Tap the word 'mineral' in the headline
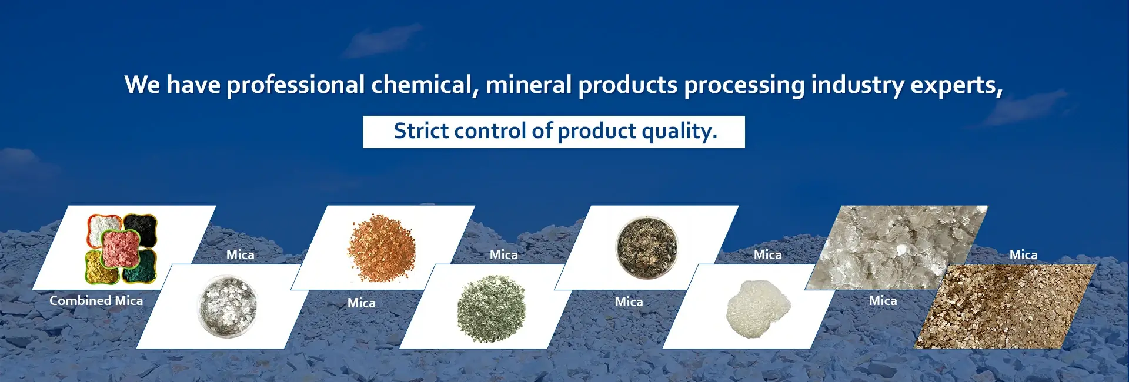pyautogui.click(x=528, y=85)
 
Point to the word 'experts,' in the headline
pyautogui.click(x=956, y=85)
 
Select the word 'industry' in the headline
pyautogui.click(x=857, y=85)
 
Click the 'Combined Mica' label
pyautogui.click(x=96, y=300)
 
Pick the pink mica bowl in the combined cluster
pyautogui.click(x=121, y=248)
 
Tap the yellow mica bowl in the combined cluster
pyautogui.click(x=101, y=267)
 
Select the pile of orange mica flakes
pyautogui.click(x=381, y=247)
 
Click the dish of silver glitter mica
pyautogui.click(x=228, y=306)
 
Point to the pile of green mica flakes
pyautogui.click(x=491, y=308)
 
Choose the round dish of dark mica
pyautogui.click(x=647, y=247)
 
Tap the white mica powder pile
pyautogui.click(x=757, y=307)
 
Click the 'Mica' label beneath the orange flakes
pyautogui.click(x=361, y=303)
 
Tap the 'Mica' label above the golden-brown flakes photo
pyautogui.click(x=1023, y=254)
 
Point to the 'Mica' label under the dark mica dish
pyautogui.click(x=629, y=301)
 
